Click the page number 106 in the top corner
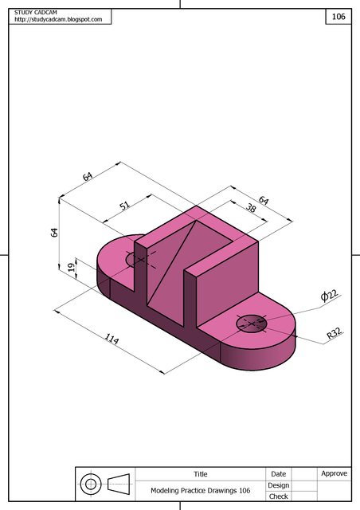[x=338, y=16]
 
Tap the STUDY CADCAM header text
[x=36, y=12]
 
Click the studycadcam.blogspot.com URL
[x=58, y=19]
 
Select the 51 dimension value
[x=125, y=205]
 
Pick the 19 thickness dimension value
[x=72, y=269]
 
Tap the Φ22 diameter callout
[x=329, y=296]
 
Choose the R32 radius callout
[x=335, y=336]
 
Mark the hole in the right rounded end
[x=252, y=324]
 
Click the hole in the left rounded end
[x=140, y=259]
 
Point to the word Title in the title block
[x=200, y=474]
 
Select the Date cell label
[x=278, y=474]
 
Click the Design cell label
[x=278, y=485]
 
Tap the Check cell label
[x=278, y=496]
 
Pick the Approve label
[x=334, y=473]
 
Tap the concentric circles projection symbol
[x=91, y=484]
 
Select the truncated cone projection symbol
[x=118, y=484]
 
